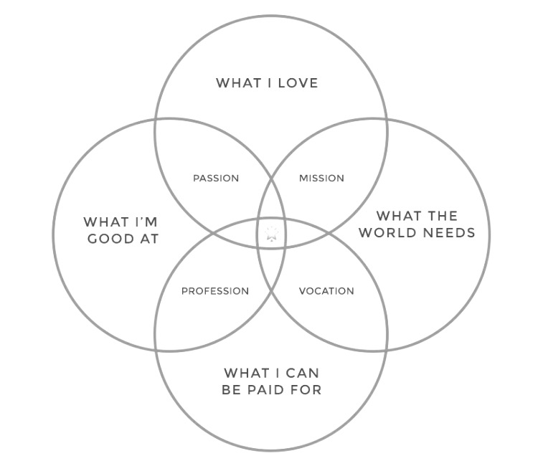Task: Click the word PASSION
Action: [216, 178]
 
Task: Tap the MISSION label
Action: [321, 178]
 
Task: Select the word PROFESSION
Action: [215, 291]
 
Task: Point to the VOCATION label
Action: [326, 291]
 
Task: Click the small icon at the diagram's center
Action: [272, 234]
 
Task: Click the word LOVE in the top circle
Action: [295, 83]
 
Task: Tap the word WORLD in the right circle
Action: [392, 233]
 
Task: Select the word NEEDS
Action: [450, 233]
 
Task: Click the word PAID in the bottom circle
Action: [272, 390]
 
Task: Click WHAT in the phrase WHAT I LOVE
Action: [236, 83]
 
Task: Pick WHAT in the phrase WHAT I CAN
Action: [244, 374]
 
